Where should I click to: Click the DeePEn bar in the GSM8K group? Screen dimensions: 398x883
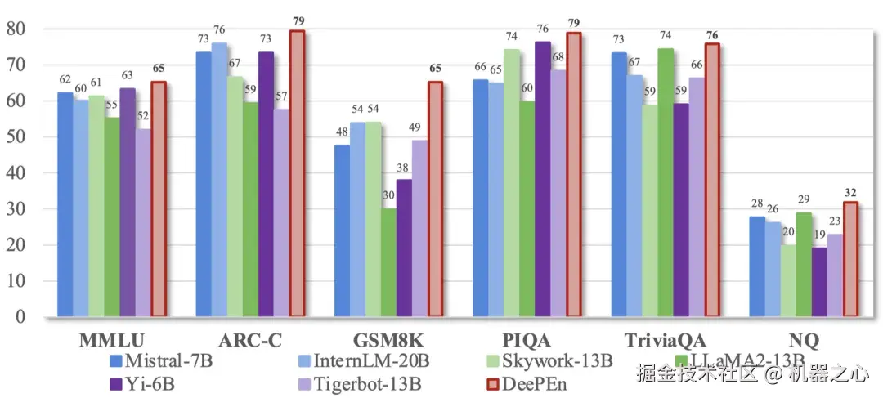point(435,199)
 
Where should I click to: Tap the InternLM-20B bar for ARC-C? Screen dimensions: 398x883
point(219,180)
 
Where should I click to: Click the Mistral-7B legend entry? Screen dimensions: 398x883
point(159,360)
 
